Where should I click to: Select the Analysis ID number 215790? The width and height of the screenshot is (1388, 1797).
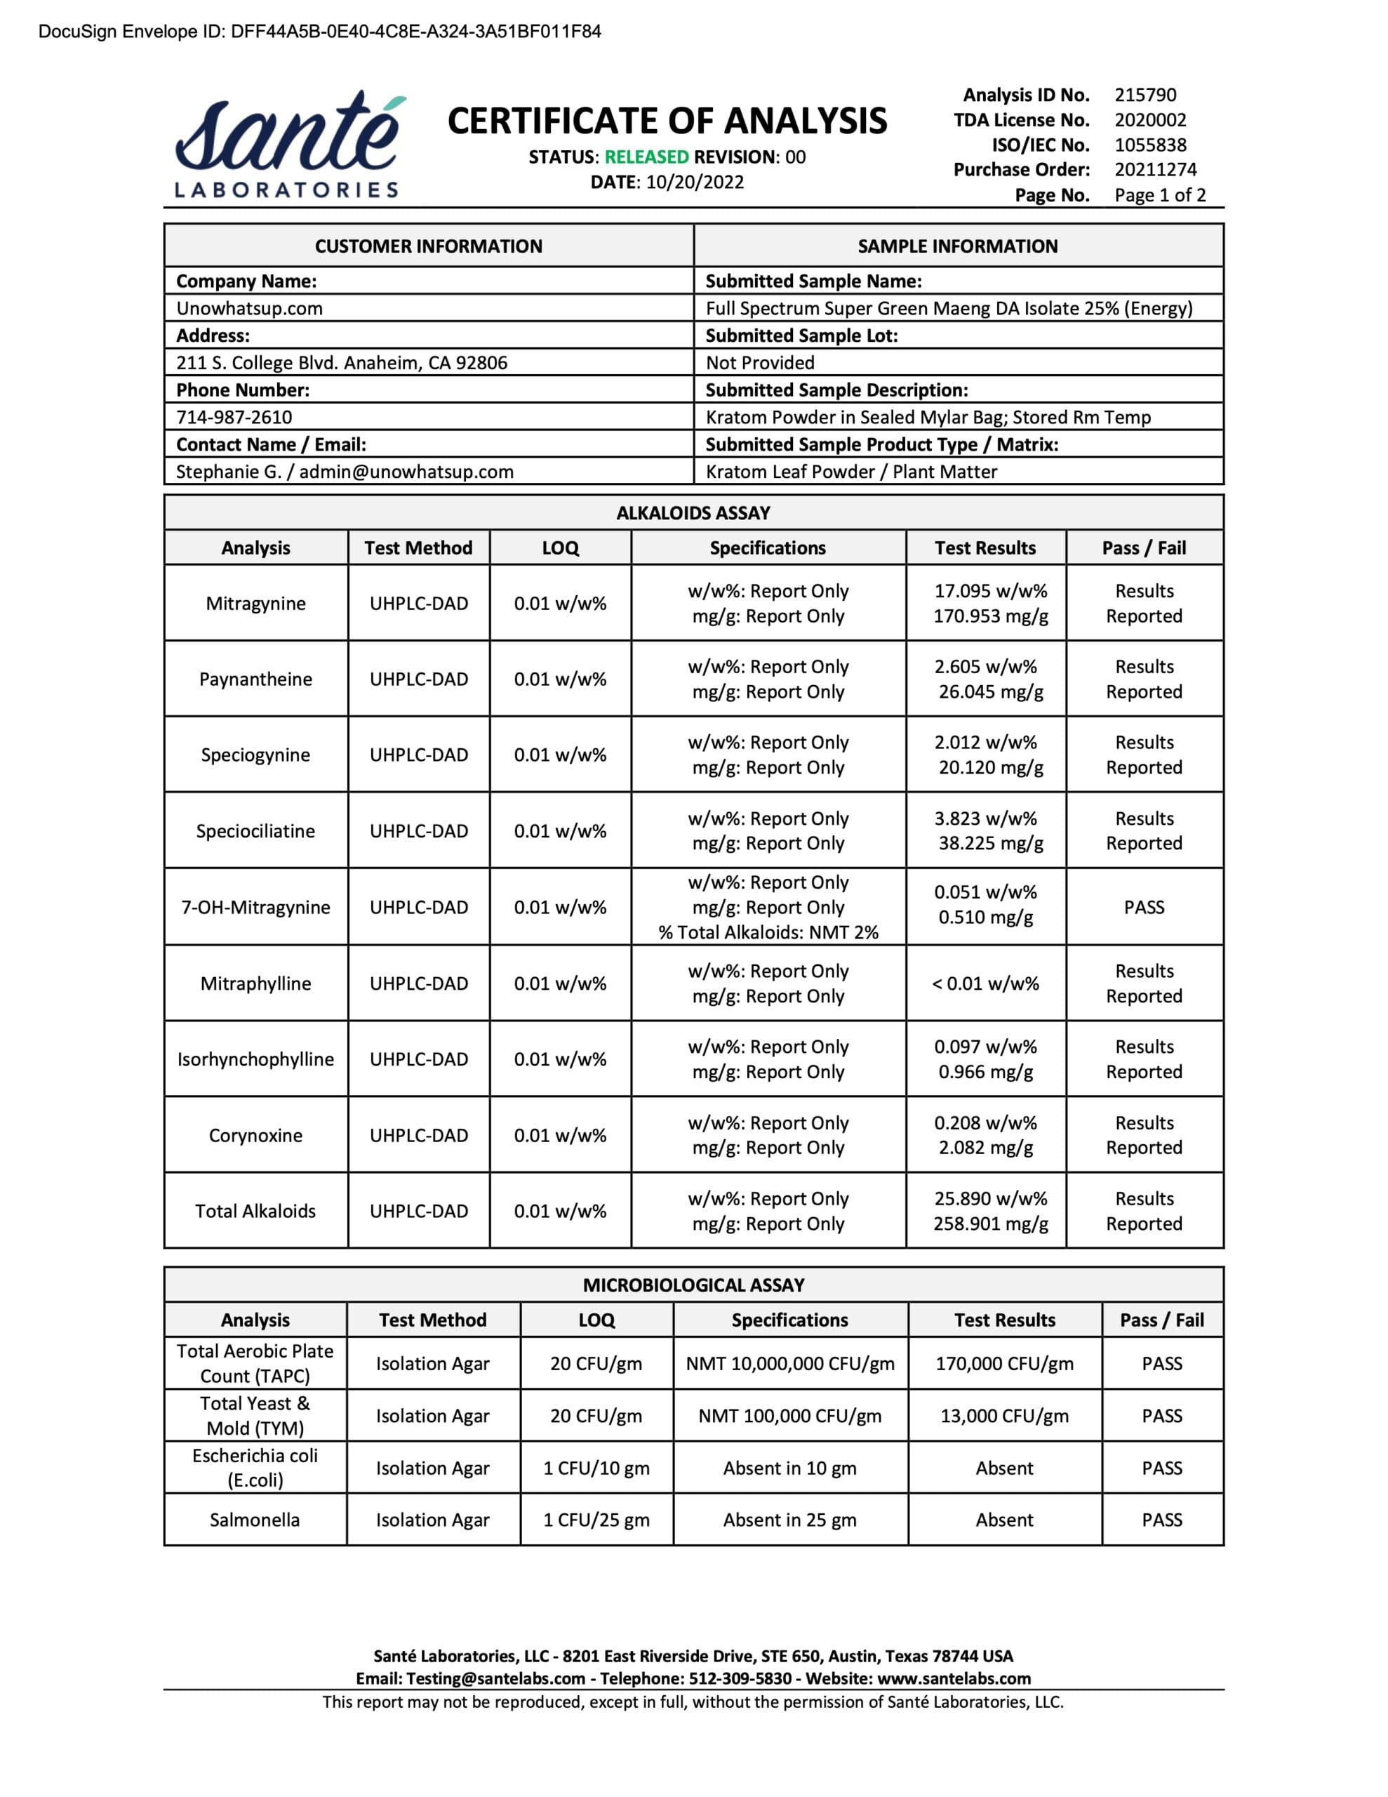coord(1145,95)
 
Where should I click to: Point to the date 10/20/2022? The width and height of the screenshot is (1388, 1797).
coord(695,183)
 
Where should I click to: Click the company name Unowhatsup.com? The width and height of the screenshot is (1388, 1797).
coord(249,309)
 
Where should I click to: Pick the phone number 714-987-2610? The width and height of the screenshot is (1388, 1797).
coord(234,417)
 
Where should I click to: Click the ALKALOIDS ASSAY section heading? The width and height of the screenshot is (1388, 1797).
coord(693,512)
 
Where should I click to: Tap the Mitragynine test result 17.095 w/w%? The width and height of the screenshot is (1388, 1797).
coord(990,591)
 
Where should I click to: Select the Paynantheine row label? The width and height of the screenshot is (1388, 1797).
coord(255,679)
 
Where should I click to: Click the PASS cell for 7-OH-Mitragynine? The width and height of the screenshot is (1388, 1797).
coord(1144,907)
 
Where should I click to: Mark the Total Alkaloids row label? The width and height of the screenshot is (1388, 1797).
coord(255,1210)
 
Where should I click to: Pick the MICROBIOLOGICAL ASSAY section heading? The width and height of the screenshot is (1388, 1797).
coord(693,1285)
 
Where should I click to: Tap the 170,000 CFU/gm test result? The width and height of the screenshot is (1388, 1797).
coord(1003,1363)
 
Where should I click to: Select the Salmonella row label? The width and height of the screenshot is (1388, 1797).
coord(254,1520)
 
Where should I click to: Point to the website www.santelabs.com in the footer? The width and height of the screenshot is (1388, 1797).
coord(954,1678)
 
